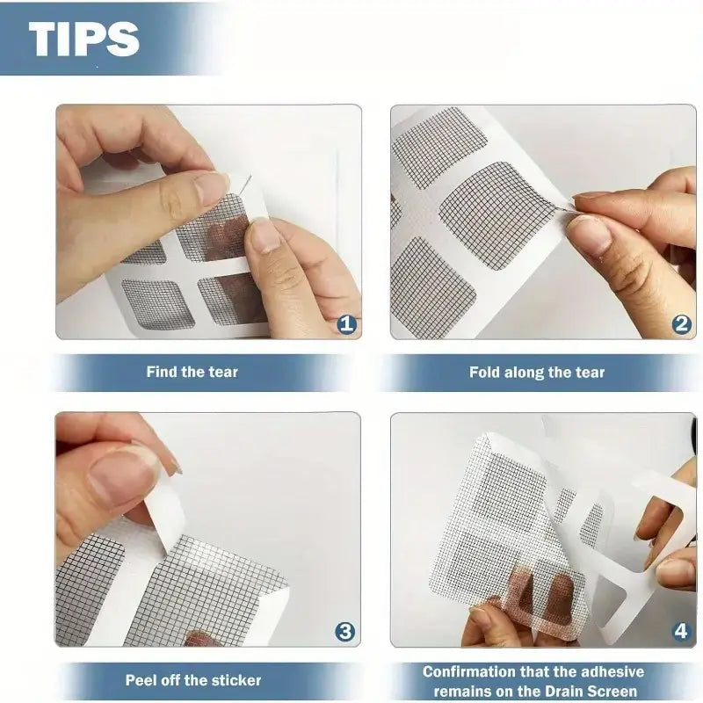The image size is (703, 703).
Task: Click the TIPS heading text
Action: (83, 38)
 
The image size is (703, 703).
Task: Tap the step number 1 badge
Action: (346, 323)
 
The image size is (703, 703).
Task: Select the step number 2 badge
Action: (682, 323)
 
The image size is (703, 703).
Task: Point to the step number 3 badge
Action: (345, 632)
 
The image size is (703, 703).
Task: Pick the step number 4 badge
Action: (681, 632)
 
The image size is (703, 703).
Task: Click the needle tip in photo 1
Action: (250, 175)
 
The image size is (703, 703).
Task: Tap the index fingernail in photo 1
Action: (212, 185)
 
